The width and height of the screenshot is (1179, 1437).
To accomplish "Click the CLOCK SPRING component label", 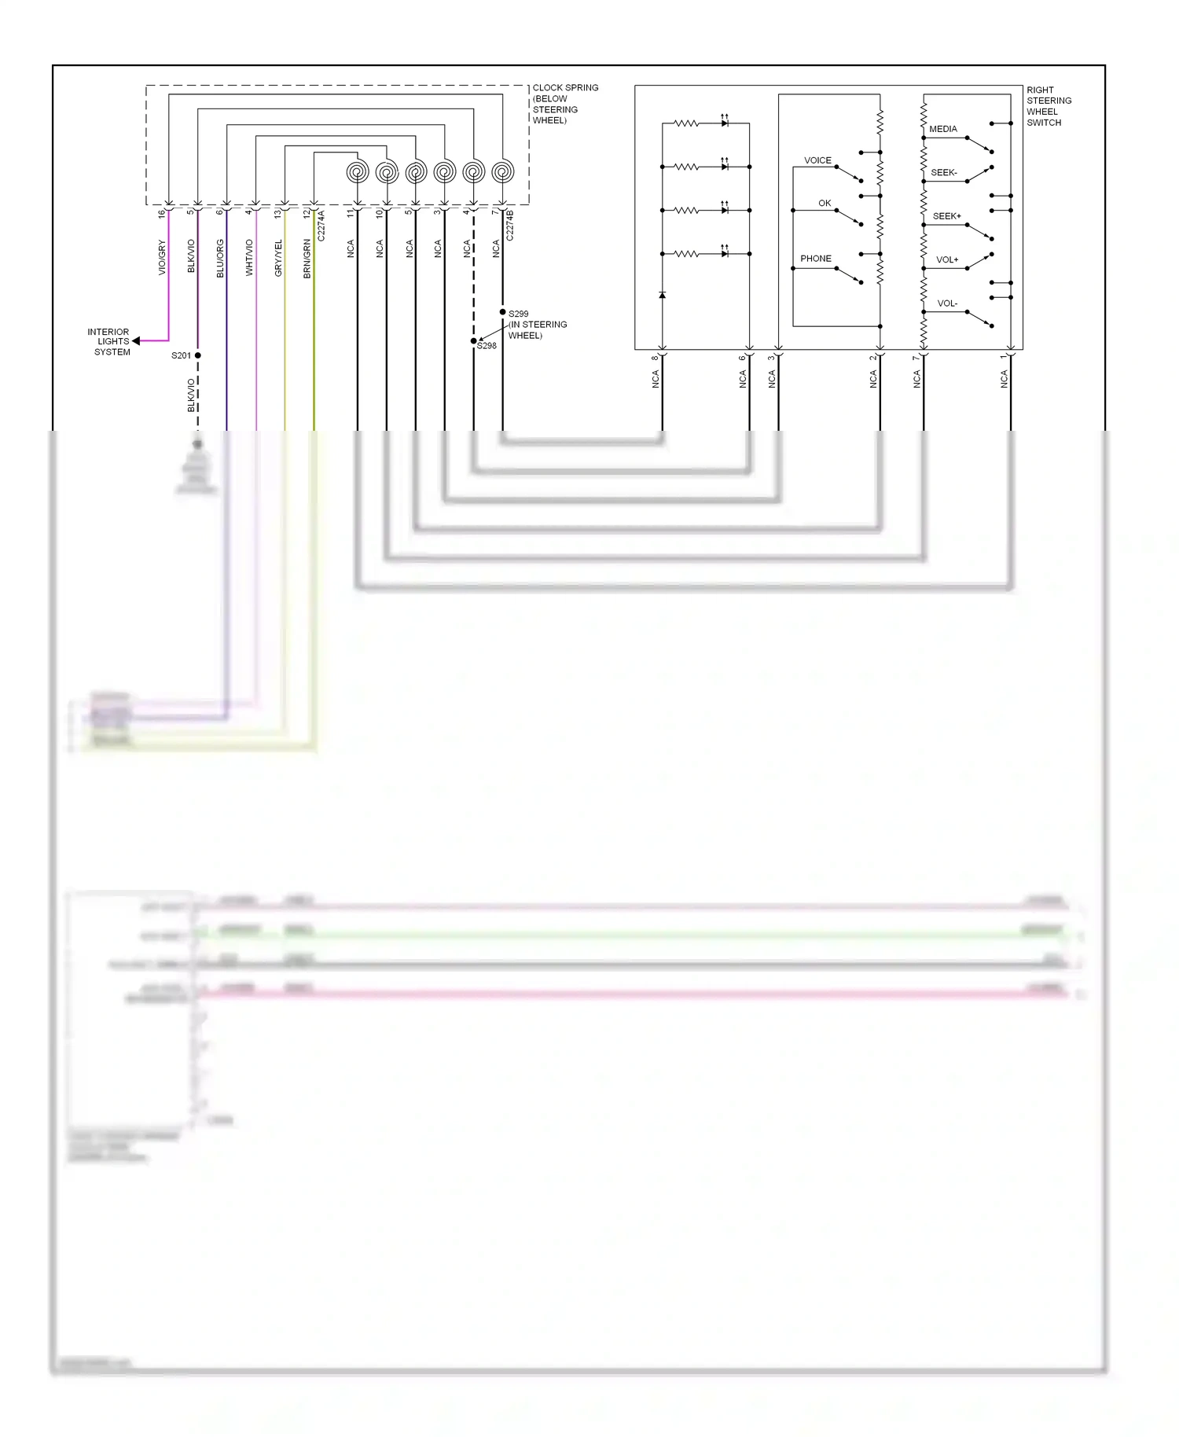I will point(564,104).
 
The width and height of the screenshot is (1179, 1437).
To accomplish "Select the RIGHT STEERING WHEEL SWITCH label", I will point(1048,106).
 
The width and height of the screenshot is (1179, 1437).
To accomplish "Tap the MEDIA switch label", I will point(942,129).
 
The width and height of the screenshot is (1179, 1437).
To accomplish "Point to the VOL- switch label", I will point(946,303).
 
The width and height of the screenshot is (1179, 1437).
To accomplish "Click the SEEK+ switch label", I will point(946,216).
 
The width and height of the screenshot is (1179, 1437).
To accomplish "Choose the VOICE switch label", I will point(817,160).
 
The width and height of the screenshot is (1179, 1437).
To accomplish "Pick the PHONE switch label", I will point(815,259).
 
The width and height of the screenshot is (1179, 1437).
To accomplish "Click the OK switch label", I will point(824,204).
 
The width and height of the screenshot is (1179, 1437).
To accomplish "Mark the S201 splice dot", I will point(198,355).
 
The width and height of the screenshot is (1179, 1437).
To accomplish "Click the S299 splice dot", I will point(503,312).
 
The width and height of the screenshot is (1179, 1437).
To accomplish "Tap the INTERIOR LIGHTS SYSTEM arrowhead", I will point(137,341).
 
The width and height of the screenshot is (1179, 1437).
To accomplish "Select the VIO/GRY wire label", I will point(162,258).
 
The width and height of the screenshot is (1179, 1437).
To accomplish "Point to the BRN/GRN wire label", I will point(307,259).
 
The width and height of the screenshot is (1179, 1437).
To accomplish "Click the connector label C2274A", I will point(321,226).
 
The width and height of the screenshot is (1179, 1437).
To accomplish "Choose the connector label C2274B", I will point(509,225).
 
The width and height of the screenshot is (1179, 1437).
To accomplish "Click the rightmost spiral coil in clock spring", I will point(503,171).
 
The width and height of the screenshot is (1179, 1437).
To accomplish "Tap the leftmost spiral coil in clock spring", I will point(358,171).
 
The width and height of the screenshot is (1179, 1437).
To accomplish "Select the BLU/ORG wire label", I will point(220,259).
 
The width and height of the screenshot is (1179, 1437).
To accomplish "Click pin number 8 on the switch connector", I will point(655,358).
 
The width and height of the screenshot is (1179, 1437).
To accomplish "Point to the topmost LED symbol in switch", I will point(725,123).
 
